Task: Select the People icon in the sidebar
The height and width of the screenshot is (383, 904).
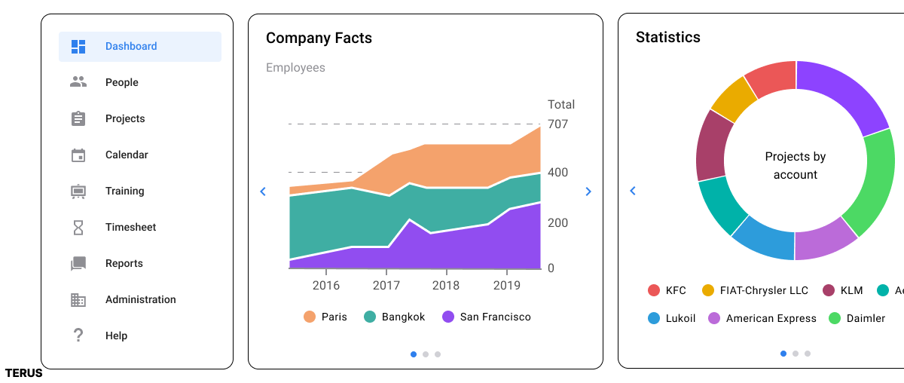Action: coord(78,82)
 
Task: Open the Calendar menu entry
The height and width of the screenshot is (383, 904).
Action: coord(127,155)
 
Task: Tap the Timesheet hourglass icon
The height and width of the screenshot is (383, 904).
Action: coord(78,227)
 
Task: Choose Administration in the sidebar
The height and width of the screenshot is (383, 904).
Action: coord(140,300)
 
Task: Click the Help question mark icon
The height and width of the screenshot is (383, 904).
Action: coord(78,336)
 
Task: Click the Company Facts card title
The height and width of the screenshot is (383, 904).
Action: coord(319,38)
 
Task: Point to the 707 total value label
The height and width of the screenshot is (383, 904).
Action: coord(558,124)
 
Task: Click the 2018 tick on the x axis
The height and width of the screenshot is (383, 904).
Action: coord(446,286)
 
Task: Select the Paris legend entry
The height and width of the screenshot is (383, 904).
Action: coord(325,317)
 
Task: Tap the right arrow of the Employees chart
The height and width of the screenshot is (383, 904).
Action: coord(588,191)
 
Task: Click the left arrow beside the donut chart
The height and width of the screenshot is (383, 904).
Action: coord(633,191)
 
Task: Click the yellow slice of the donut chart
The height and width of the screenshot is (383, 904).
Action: coord(733,99)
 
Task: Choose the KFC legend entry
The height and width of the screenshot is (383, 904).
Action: coord(667,290)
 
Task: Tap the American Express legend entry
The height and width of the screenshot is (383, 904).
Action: coord(761,318)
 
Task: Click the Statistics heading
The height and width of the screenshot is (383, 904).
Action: coord(667,37)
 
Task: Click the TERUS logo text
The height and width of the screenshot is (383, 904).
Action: coord(23,373)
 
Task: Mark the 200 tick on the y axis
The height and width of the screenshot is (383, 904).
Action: coord(557,223)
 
